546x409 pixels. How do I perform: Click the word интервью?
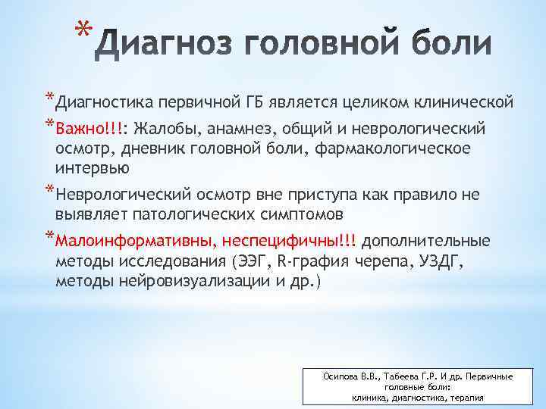92,167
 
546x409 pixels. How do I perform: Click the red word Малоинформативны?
135,242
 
